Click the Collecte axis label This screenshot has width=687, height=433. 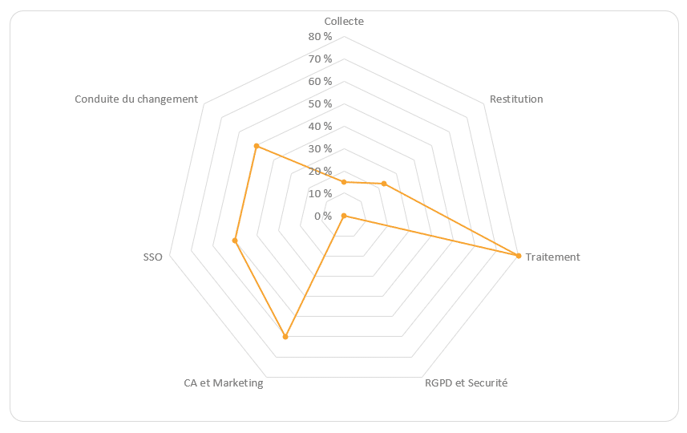(344, 22)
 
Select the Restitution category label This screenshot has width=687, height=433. (516, 99)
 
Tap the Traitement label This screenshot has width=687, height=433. (553, 257)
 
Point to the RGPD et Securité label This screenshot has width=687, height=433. (467, 382)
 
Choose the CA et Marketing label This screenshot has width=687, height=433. (223, 382)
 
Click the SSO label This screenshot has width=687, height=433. (152, 257)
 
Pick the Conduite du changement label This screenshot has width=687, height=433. (136, 99)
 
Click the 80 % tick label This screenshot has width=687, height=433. (319, 37)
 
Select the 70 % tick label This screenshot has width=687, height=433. (319, 59)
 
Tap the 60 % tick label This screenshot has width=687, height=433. (319, 82)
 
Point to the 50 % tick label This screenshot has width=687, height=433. (319, 104)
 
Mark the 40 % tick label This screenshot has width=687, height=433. (319, 127)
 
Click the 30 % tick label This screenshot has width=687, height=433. (319, 149)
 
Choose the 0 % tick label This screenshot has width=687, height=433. (322, 216)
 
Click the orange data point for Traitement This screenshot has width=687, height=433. (519, 256)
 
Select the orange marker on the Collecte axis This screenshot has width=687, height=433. (344, 182)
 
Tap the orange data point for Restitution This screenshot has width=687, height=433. (384, 184)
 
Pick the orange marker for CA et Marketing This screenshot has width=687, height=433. (285, 337)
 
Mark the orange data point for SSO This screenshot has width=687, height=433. (235, 241)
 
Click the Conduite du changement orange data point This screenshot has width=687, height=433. (256, 146)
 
